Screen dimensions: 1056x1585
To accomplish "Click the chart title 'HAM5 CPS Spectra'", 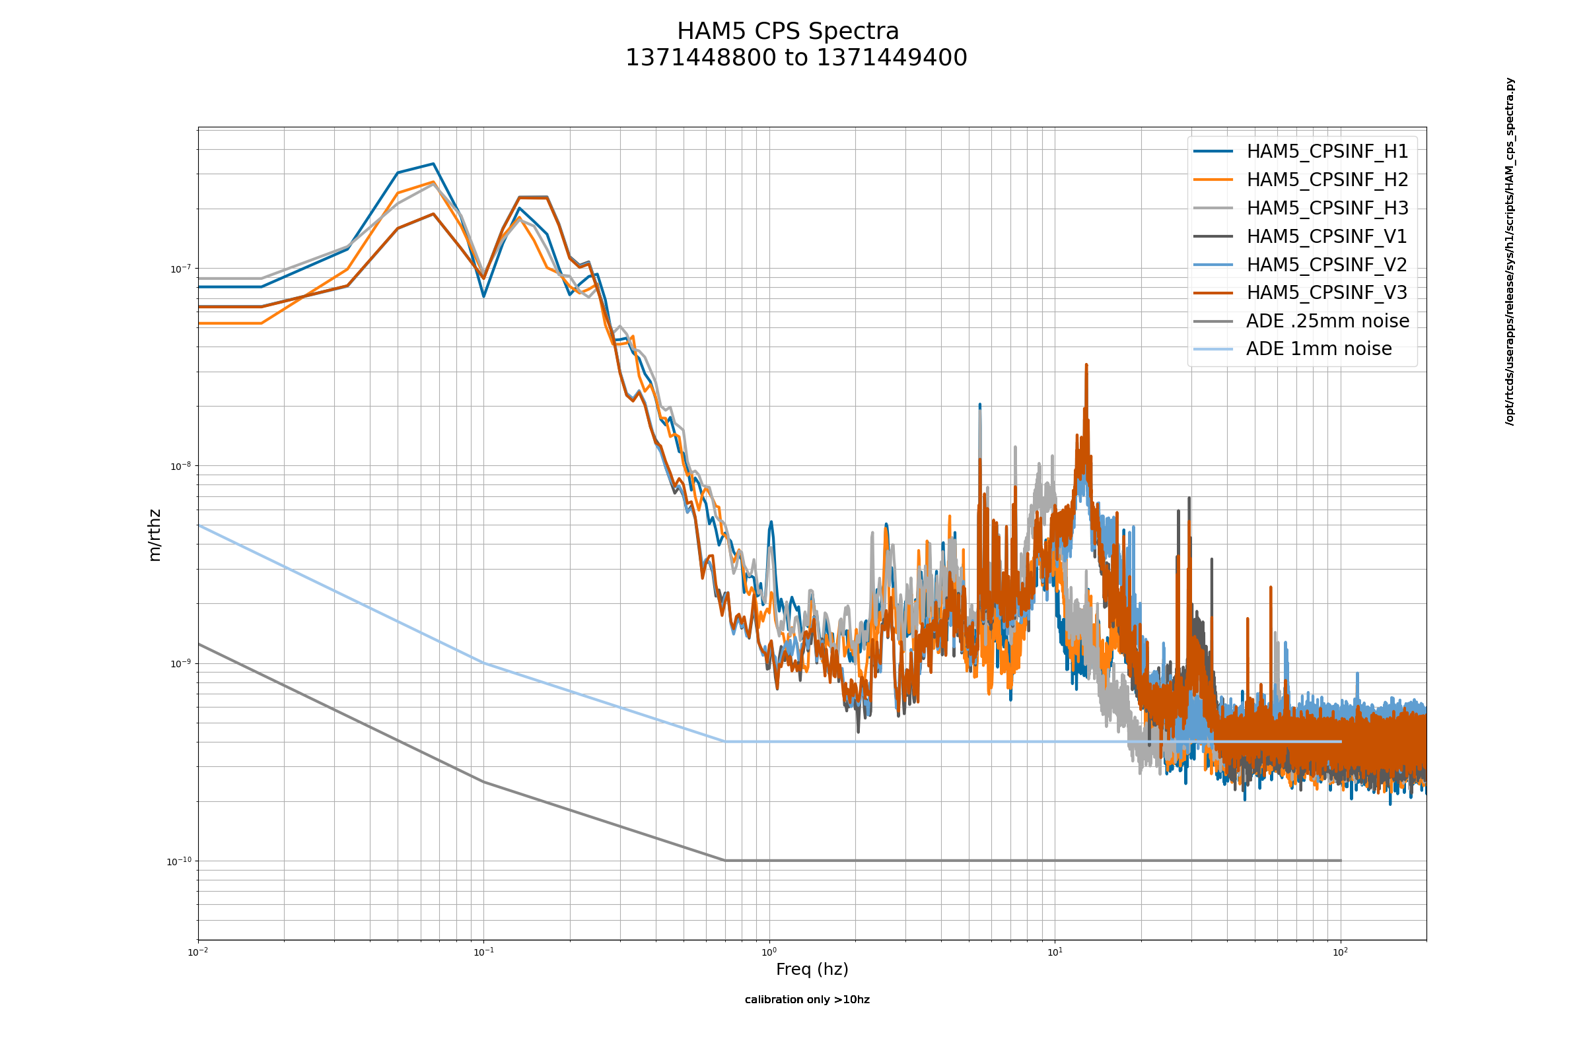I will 787,32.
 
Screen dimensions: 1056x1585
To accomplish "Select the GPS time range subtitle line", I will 796,59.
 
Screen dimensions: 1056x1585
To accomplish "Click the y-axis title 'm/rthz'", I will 155,535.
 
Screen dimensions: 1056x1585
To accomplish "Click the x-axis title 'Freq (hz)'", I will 812,969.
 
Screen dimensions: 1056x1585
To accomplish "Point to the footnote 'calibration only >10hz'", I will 806,999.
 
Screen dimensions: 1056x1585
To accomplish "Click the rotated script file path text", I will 1510,251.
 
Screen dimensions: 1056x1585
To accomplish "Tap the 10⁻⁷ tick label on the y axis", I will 180,269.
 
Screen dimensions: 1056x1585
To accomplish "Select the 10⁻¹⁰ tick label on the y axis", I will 178,861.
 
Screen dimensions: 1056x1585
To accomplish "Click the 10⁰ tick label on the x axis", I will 769,952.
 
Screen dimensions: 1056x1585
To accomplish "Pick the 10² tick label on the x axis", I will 1341,952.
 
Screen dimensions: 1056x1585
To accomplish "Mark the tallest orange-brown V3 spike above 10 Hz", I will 1086,366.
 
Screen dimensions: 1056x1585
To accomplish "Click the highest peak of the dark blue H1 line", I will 433,164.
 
